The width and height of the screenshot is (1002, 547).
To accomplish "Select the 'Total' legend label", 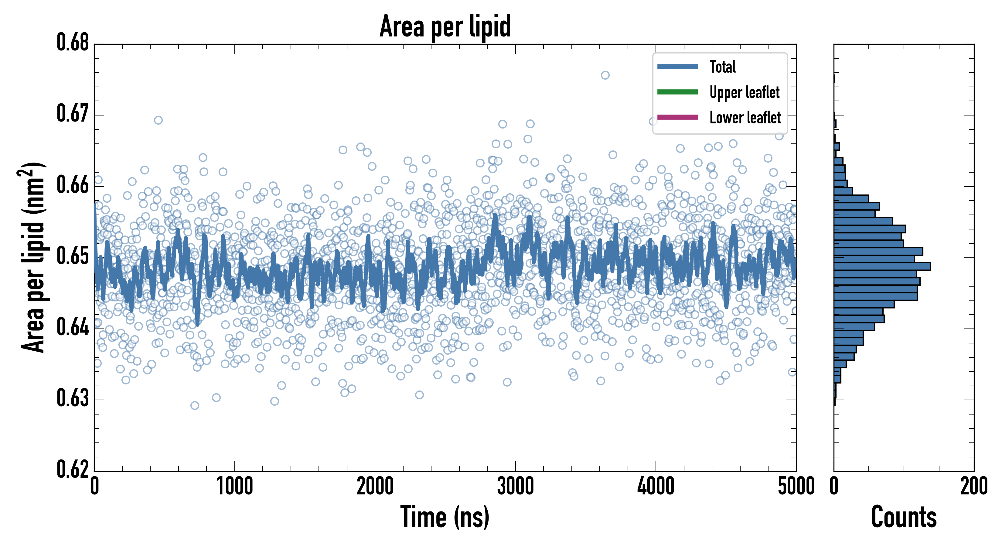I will coord(722,67).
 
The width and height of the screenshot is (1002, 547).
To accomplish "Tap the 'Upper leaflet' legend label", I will coord(744,92).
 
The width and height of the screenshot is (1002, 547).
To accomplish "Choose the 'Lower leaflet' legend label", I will coord(745,117).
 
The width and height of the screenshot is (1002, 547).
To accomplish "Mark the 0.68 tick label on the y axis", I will coord(73,43).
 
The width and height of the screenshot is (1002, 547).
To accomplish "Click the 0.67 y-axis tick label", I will coord(73,114).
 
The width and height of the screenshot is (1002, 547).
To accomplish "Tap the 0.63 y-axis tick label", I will coord(73,398).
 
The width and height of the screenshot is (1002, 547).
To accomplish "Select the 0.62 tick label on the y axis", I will coord(73,469).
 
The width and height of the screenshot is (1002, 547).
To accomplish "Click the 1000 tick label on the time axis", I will coord(234,486).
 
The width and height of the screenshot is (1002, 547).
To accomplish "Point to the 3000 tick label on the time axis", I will coord(515,486).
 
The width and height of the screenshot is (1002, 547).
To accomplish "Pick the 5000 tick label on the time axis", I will coord(796,486).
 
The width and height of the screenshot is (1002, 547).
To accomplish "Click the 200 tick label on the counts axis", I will coord(973,486).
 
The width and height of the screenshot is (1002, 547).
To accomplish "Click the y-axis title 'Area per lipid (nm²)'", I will coord(33,257).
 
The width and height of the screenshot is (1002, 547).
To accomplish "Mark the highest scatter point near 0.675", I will coord(605,75).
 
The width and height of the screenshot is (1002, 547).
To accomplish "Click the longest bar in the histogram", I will coord(882,266).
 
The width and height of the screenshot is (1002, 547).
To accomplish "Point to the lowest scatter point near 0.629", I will coord(195,406).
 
